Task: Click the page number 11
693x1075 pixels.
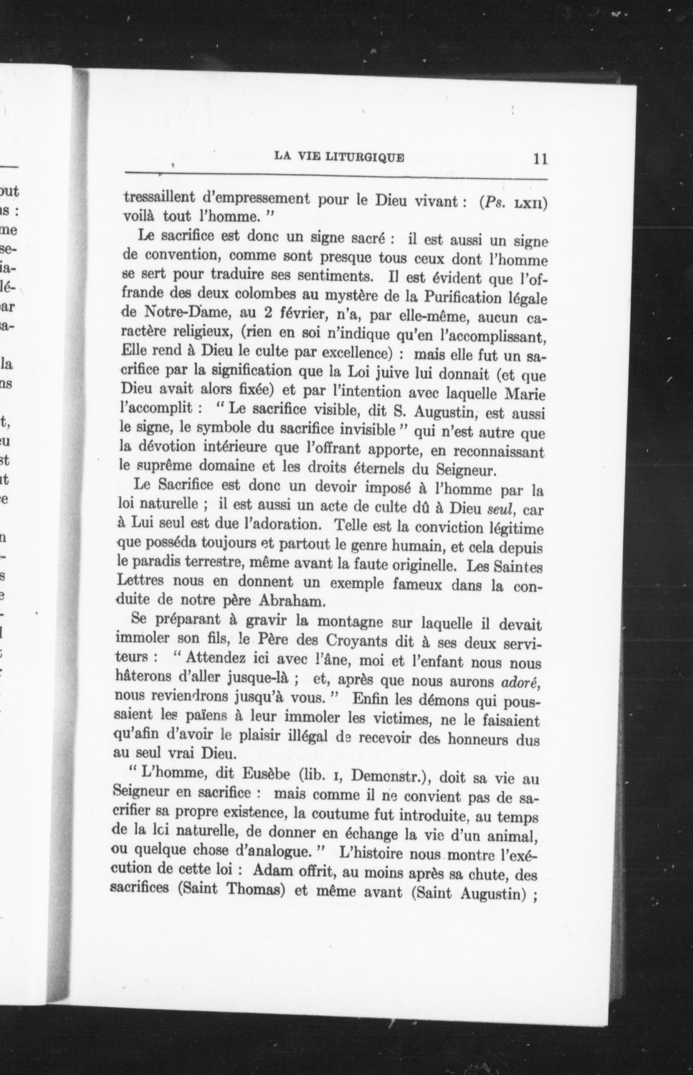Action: point(539,159)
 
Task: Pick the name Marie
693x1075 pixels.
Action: point(526,395)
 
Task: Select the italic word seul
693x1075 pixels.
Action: point(501,509)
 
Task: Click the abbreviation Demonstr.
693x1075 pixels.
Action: point(388,776)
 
